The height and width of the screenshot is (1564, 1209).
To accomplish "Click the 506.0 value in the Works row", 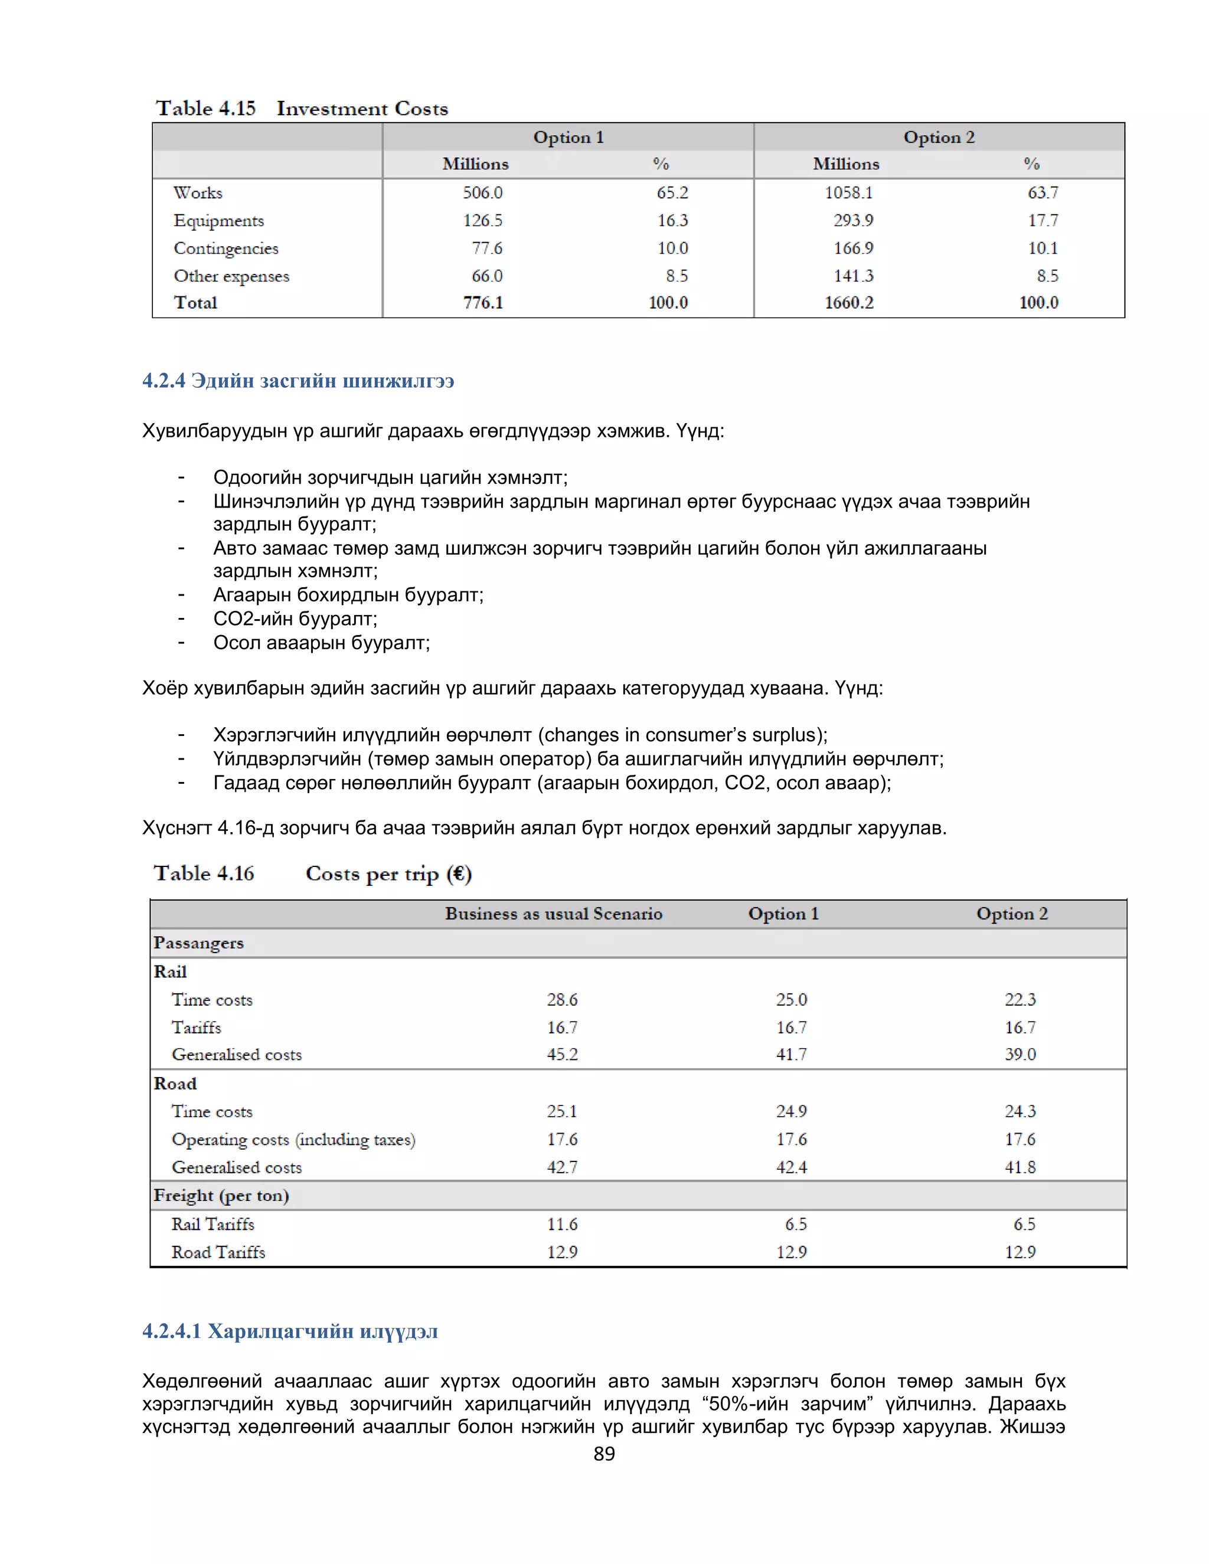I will click(x=482, y=192).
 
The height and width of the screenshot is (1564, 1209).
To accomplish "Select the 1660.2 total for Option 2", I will click(x=849, y=303).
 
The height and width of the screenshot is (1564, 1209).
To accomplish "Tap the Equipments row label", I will click(x=218, y=221).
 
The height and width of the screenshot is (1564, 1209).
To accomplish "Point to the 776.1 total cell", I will click(x=483, y=303).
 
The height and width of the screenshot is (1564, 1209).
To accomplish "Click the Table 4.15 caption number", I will click(x=205, y=109).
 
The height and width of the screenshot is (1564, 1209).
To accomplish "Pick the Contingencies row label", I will click(x=226, y=248).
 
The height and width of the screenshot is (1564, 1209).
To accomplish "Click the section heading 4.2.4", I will click(x=298, y=381).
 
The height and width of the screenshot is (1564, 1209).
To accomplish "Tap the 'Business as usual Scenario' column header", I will click(x=554, y=914).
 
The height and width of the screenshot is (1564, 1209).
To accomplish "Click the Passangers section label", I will click(x=198, y=943).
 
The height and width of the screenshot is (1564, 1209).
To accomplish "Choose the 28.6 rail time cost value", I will click(x=562, y=1000).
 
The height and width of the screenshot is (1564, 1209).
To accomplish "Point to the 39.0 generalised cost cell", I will click(x=1020, y=1054).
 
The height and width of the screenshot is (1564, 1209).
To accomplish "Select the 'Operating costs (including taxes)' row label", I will click(x=293, y=1139).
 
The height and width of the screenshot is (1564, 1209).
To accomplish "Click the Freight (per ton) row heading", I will click(x=221, y=1196).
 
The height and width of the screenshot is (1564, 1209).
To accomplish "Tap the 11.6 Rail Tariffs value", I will click(x=562, y=1225).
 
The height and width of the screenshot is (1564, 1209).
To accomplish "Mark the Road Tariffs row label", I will click(x=218, y=1252).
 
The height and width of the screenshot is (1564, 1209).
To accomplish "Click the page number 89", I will click(x=604, y=1454).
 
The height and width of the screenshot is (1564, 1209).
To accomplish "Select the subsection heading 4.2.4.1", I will click(x=289, y=1331).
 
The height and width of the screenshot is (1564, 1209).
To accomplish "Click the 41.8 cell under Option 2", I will click(x=1020, y=1167).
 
